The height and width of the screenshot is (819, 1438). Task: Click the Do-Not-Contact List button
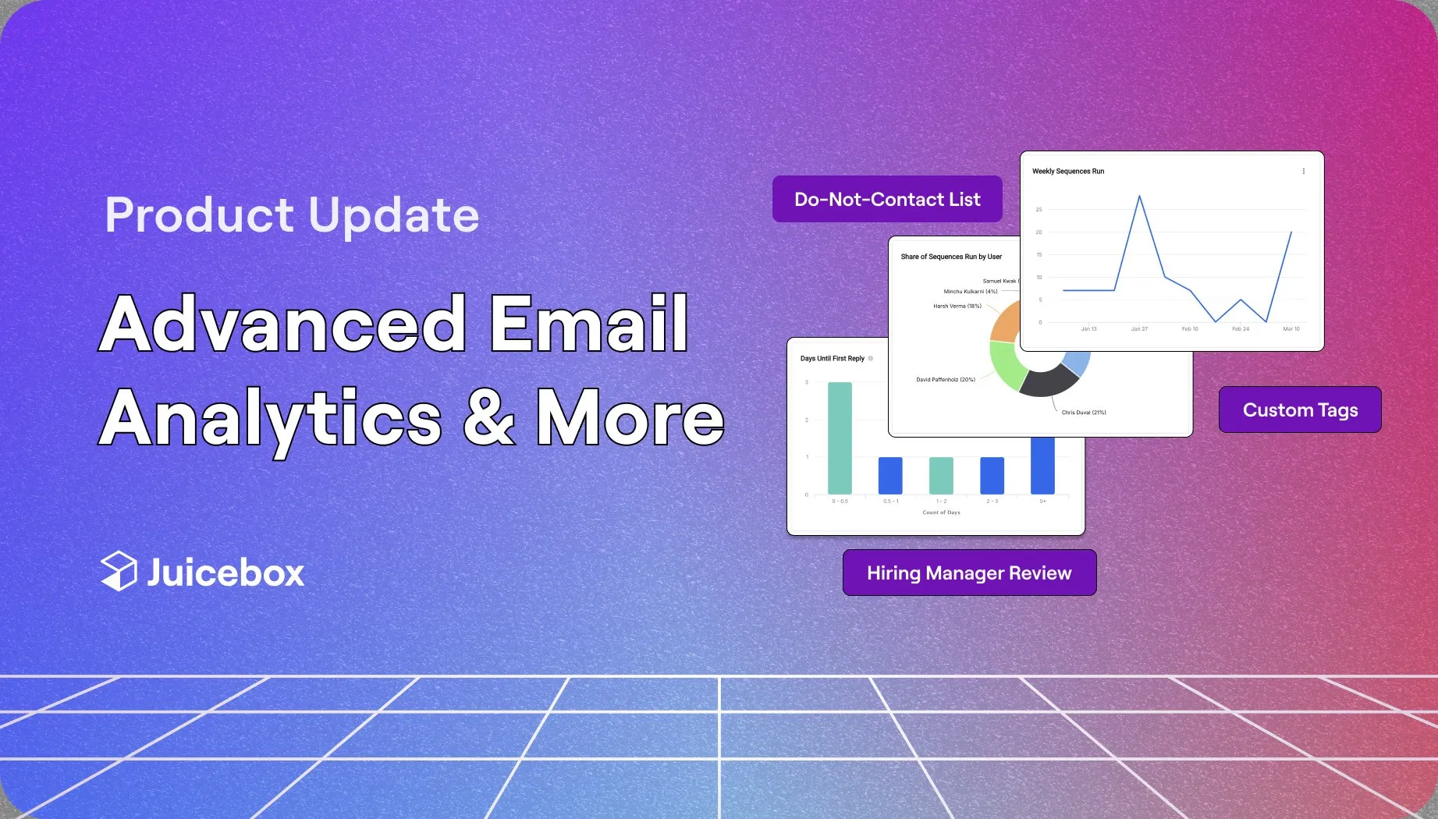coord(887,200)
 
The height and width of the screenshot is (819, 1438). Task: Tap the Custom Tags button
coord(1300,410)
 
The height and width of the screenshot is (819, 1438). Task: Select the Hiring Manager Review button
coord(969,573)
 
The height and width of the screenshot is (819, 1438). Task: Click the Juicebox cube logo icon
coord(119,571)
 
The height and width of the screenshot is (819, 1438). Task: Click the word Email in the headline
coord(589,324)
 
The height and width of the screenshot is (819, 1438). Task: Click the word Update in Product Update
coord(393,215)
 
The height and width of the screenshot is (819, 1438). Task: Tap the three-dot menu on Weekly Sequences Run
coord(1303,172)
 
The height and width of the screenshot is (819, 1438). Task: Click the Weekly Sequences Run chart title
coord(1068,172)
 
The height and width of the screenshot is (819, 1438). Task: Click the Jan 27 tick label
coord(1139,329)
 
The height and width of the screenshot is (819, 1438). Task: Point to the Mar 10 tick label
coord(1291,329)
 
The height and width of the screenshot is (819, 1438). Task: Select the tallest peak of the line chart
coord(1140,197)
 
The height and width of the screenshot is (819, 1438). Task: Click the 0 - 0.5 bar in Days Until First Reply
coord(840,438)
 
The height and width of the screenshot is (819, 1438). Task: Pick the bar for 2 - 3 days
coord(992,475)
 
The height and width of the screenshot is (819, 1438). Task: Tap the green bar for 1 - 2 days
coord(941,475)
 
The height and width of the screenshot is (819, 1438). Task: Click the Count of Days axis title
coord(941,512)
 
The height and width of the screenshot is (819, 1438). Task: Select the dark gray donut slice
coord(1047,382)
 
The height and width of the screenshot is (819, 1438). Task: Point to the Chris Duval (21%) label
coord(1084,413)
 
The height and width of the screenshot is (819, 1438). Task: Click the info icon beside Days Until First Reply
coord(871,359)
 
